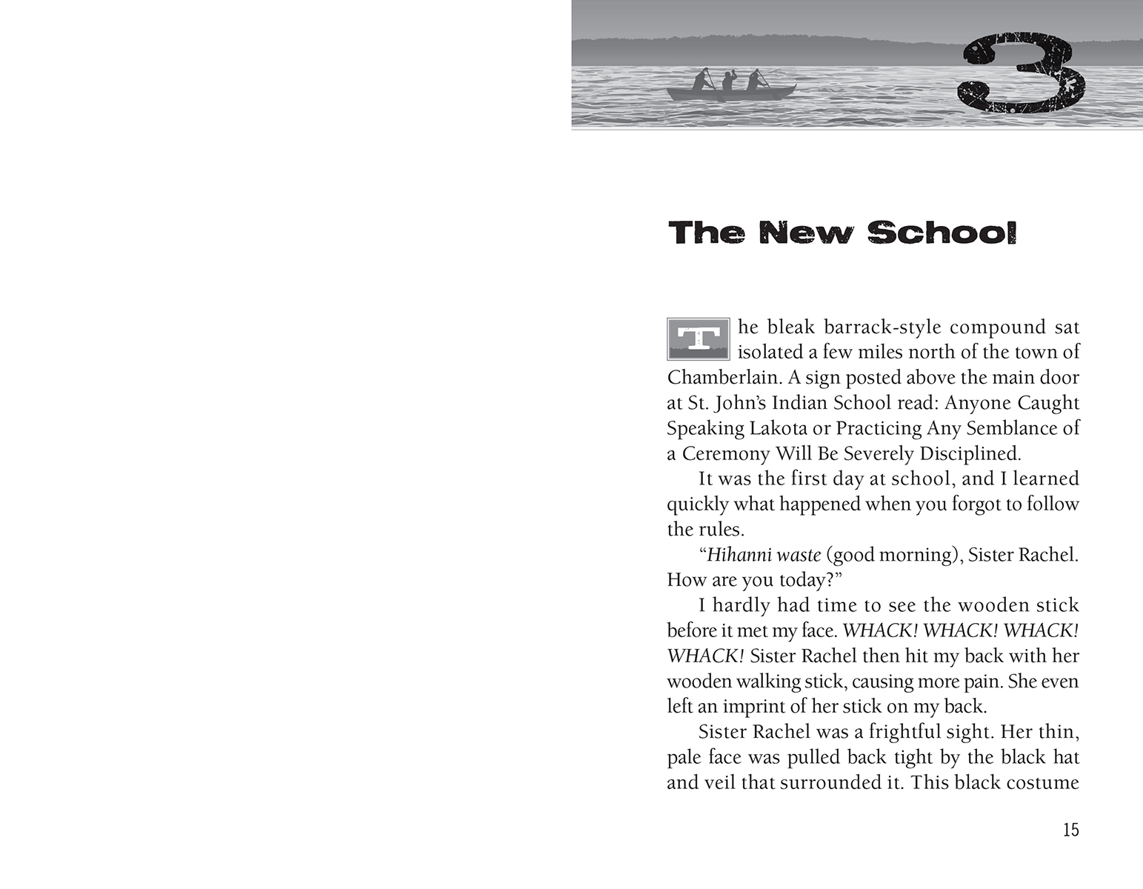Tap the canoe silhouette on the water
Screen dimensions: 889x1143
point(730,92)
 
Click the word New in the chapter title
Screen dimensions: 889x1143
point(806,233)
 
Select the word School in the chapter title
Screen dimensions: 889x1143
point(942,233)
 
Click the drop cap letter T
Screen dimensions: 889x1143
point(699,339)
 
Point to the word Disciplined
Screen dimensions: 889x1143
point(970,453)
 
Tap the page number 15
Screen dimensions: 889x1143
point(1070,830)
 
